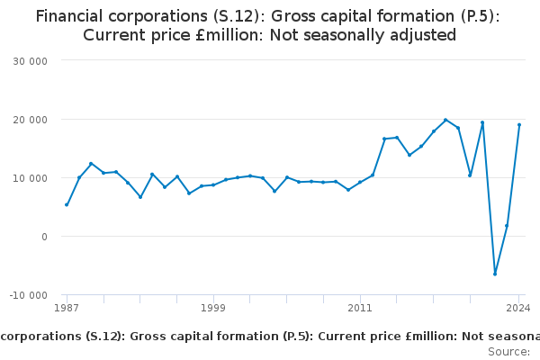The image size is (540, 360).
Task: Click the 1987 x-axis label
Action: click(x=66, y=309)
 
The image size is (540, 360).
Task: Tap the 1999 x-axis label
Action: click(x=213, y=309)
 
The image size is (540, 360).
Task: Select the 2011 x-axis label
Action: click(x=360, y=309)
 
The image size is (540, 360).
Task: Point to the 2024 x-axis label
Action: click(x=518, y=309)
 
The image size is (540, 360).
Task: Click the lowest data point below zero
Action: click(x=495, y=274)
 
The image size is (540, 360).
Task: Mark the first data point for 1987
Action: click(x=67, y=204)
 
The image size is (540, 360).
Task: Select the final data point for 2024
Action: click(x=519, y=125)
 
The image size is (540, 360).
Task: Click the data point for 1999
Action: click(x=213, y=184)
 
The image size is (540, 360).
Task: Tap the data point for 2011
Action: click(x=360, y=182)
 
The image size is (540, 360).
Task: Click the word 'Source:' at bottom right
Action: click(x=508, y=351)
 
